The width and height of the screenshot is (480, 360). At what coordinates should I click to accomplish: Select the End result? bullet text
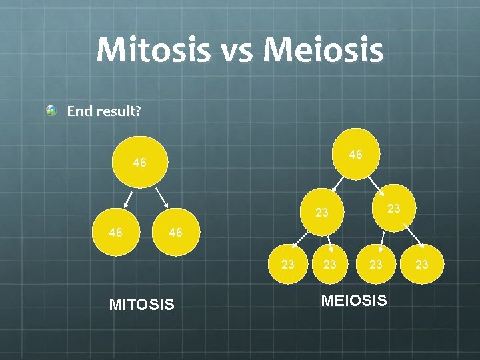(x=103, y=111)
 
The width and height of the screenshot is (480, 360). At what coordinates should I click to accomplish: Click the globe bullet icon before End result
(x=51, y=111)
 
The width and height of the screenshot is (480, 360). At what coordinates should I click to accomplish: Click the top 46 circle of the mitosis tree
(x=139, y=162)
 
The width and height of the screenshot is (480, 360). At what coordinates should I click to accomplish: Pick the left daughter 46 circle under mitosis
(x=116, y=233)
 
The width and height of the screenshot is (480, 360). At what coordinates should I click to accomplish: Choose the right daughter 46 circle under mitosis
(x=176, y=233)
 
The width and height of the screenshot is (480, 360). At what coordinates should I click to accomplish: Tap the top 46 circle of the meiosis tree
(x=355, y=155)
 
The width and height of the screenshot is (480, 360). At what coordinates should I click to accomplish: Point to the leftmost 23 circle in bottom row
(x=288, y=264)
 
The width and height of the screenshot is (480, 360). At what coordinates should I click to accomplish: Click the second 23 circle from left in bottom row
(x=329, y=264)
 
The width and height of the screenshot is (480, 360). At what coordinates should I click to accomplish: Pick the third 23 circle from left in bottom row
(x=377, y=264)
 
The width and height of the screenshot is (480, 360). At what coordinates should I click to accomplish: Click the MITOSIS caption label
(x=141, y=305)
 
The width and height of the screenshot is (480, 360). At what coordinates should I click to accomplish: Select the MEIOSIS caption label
(x=353, y=301)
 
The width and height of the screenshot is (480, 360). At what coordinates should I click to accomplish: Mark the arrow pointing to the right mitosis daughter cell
(x=162, y=197)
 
